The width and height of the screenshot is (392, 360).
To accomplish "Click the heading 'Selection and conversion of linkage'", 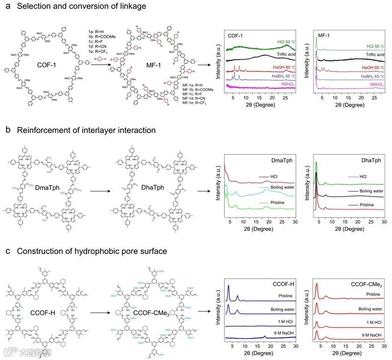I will coord(78,6).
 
